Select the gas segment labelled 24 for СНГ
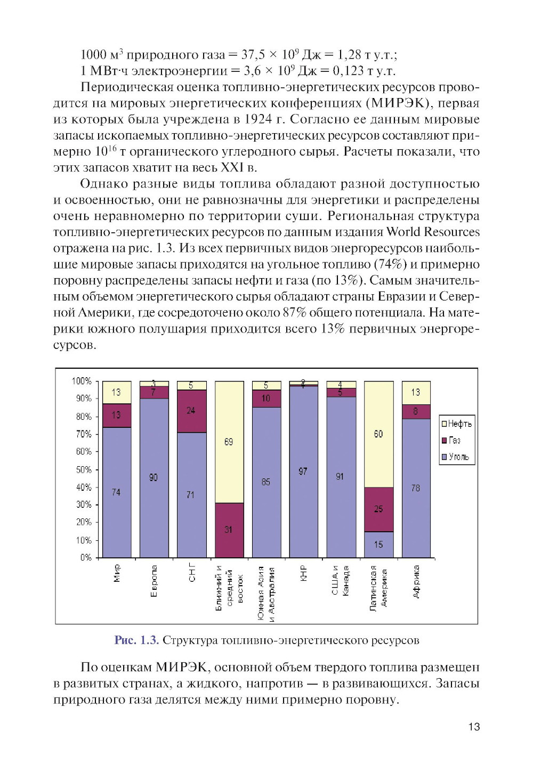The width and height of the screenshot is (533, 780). click(191, 411)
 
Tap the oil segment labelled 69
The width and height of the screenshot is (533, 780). click(229, 442)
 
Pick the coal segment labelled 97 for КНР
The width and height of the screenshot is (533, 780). click(303, 471)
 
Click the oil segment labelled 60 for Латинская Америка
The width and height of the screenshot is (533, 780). click(378, 434)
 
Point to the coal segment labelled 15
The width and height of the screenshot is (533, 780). click(378, 545)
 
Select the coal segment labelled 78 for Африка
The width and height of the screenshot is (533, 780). click(416, 488)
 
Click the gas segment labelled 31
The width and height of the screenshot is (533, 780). click(229, 530)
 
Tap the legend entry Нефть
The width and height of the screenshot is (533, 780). click(457, 424)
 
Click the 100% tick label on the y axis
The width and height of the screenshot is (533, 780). click(82, 381)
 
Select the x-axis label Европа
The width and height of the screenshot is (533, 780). click(154, 581)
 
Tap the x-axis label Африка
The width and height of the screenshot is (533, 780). click(416, 581)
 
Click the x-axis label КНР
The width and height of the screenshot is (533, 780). click(304, 573)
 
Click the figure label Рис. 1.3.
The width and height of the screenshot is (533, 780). click(136, 640)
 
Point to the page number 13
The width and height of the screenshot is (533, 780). click(474, 727)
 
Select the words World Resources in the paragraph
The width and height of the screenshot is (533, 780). click(433, 232)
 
